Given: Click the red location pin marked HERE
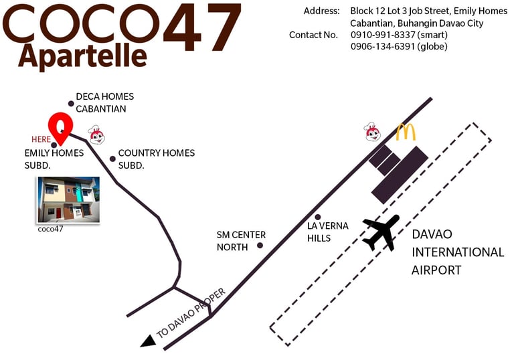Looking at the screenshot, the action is pos(60,127).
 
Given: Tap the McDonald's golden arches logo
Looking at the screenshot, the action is pos(406,132).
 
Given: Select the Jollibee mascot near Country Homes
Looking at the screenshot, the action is pos(97,136).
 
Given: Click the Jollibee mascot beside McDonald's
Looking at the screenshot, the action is pos(373,132).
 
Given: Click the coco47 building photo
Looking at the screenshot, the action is pos(68,199).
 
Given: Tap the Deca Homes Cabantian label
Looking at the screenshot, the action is pos(104,102).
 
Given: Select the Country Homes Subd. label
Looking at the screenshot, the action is pos(156,159).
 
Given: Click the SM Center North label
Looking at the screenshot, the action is pos(241,241).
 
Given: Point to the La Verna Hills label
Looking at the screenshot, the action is pos(328,232).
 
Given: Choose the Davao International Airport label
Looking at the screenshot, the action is pos(457,252).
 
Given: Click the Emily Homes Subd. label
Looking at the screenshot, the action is pos(54,159).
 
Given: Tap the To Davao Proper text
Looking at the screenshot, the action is pos(191,312).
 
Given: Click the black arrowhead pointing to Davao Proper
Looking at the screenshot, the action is pos(149,341).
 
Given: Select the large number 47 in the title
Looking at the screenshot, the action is pos(201,27).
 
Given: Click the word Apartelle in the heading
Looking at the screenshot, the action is pos(82,56).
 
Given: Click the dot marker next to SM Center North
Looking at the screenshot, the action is pos(260,245).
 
